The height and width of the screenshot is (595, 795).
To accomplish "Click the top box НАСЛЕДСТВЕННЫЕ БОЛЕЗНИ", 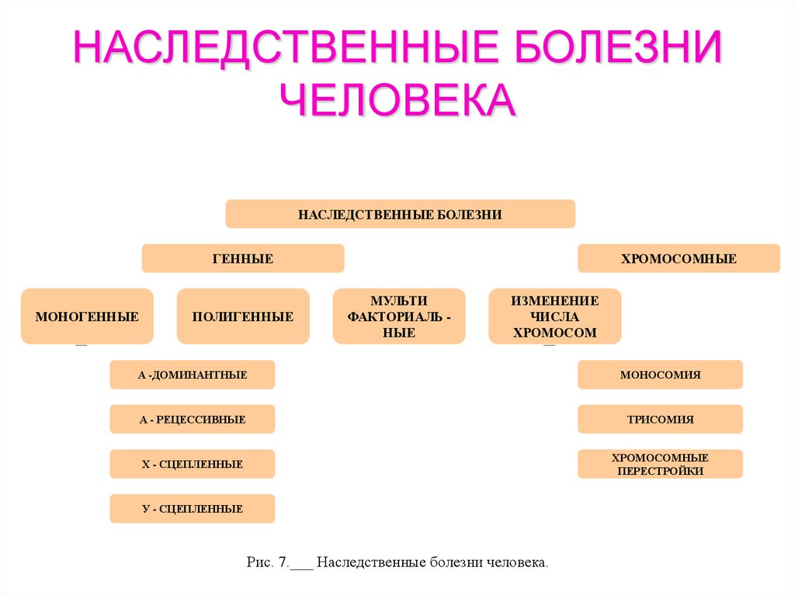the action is (x=400, y=214).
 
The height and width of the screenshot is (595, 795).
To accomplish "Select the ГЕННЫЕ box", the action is (x=242, y=258).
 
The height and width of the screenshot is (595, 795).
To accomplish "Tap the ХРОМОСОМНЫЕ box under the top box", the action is (x=678, y=258).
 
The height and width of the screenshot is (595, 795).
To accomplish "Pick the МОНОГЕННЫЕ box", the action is (x=87, y=317).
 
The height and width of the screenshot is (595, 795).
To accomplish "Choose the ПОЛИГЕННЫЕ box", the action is (x=243, y=317).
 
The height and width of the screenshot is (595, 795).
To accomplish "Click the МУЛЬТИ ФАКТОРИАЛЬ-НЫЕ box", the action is (x=399, y=317).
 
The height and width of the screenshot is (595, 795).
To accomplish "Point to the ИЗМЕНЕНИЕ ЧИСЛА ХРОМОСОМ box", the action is (x=554, y=317).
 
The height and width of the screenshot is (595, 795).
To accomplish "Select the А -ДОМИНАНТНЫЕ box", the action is (x=193, y=375).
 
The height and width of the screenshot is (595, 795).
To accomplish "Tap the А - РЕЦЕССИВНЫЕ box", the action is (x=193, y=420).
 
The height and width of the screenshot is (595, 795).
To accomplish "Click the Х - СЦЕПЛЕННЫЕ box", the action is (x=193, y=464).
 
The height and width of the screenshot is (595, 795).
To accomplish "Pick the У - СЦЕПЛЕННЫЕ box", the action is (x=193, y=509).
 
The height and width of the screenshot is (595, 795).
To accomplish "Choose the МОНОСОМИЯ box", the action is (x=660, y=375).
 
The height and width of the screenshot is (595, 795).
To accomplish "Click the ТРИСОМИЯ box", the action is (x=660, y=420).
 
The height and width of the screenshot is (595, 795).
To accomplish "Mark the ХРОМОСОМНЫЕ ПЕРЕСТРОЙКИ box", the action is (x=660, y=464).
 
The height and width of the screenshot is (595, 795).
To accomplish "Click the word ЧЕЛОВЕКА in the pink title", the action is (x=397, y=99).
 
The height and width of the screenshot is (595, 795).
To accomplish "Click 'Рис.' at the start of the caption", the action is (x=256, y=562).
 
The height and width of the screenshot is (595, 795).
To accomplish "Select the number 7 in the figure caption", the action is (x=282, y=562).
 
